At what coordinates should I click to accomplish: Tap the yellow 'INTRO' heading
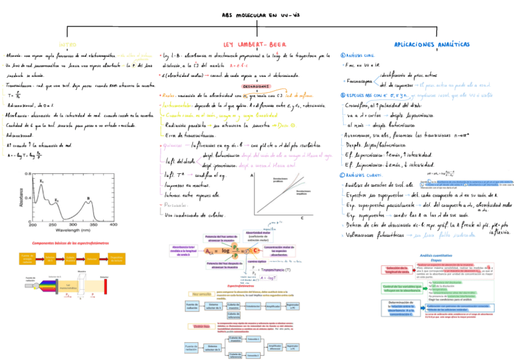[67, 45]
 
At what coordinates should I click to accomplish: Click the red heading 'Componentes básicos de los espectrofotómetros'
[68, 242]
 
